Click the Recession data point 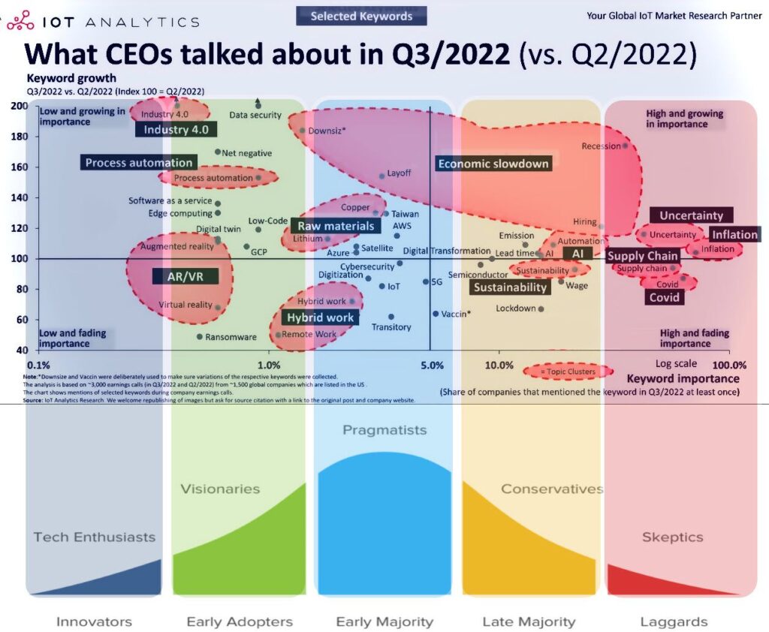pos(625,146)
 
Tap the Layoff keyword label pos(399,173)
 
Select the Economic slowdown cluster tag pos(493,164)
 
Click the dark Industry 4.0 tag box pos(166,129)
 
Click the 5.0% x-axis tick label pos(433,366)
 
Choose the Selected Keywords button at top pos(361,16)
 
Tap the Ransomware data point pos(199,336)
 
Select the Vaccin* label pos(456,314)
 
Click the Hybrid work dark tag pos(320,318)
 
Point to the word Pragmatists pos(384,430)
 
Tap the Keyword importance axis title pos(683,378)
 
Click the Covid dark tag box pos(665,297)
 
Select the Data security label pos(255,115)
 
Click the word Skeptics pos(672,537)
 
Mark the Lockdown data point pos(541,308)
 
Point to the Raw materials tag pos(335,226)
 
